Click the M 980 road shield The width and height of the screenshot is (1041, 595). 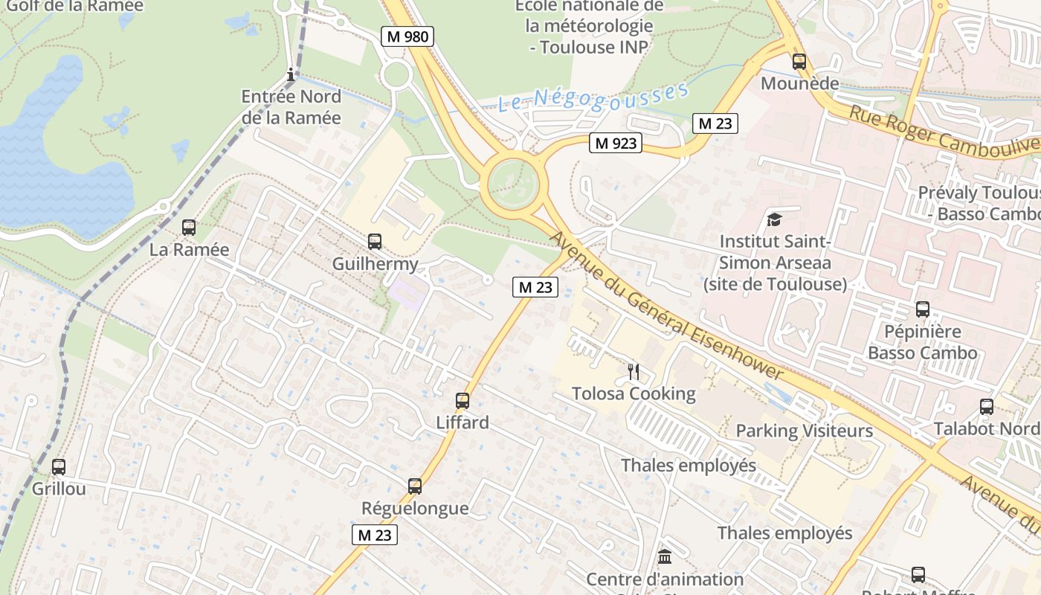407,36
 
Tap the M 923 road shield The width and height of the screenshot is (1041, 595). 616,143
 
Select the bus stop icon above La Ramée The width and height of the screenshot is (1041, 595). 189,228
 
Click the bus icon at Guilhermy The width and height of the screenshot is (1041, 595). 375,242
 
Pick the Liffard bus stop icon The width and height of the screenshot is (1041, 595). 463,401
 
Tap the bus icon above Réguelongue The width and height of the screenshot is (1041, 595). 415,486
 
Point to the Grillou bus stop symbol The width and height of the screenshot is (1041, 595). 59,467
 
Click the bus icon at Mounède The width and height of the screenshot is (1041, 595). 799,62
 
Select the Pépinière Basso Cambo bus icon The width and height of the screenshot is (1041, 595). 923,309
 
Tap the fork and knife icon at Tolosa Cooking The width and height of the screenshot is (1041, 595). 634,371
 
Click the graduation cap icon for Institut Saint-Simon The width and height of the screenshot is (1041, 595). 775,219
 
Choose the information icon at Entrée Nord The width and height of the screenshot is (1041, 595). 291,74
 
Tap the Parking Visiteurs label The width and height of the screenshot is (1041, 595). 804,431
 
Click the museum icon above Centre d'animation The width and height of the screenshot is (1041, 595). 665,556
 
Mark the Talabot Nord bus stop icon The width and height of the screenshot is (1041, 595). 987,407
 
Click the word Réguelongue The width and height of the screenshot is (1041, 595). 415,508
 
